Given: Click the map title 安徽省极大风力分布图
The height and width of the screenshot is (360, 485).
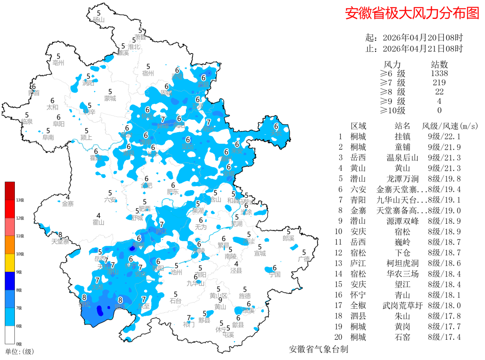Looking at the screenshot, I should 412,13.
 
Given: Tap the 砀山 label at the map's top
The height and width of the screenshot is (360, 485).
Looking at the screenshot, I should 99,20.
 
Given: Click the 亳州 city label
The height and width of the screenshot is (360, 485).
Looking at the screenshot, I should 58,63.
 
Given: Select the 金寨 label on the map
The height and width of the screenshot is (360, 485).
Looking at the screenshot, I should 68,204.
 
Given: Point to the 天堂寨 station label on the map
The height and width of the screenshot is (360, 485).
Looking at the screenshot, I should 60,241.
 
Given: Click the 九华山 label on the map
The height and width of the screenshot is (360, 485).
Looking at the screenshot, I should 195,283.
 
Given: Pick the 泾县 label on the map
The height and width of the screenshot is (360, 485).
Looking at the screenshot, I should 236,271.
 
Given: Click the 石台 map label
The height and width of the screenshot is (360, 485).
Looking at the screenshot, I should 176,300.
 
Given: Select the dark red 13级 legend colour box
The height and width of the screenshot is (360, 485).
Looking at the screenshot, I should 10,191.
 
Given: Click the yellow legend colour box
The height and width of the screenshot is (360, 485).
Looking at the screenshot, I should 10,262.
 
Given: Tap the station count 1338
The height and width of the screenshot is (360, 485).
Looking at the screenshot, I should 439,73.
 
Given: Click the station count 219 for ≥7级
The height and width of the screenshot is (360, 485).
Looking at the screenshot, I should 439,83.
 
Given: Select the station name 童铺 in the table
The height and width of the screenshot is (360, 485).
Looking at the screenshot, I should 402,147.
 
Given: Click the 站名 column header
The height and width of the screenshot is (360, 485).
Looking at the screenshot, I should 402,126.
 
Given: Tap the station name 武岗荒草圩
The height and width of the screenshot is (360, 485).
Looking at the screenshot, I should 402,305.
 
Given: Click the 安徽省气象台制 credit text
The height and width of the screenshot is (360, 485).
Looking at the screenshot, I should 318,349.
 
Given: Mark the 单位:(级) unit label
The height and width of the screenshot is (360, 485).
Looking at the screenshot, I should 19,351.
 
